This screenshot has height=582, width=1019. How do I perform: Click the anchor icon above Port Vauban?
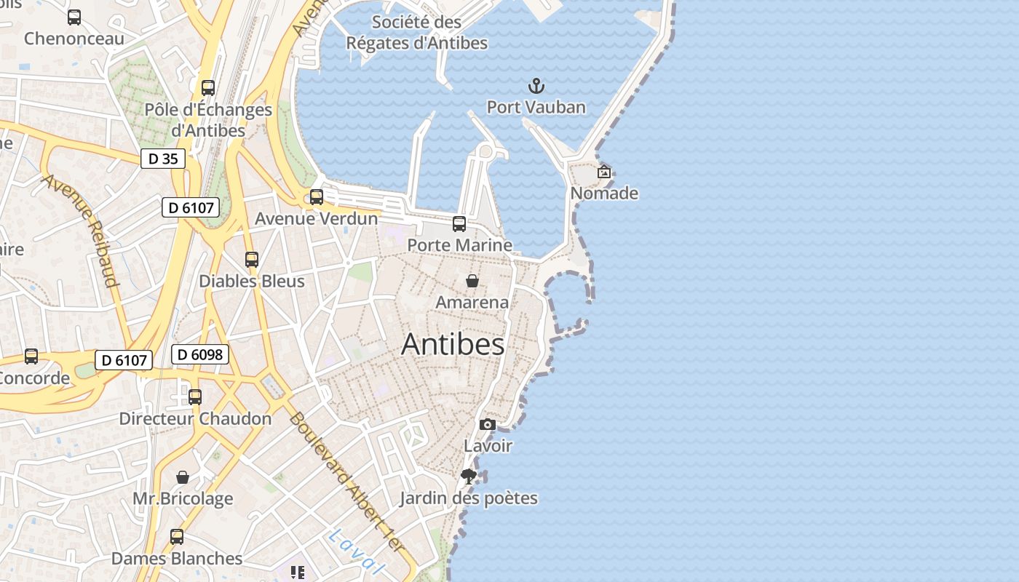(x=536, y=87)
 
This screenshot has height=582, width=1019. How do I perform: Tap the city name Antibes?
(x=453, y=344)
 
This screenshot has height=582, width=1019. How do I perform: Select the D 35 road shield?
(x=163, y=159)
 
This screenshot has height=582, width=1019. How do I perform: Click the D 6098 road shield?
(x=200, y=355)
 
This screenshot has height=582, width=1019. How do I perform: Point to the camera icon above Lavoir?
(x=488, y=425)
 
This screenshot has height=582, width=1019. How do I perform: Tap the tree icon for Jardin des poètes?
(x=469, y=477)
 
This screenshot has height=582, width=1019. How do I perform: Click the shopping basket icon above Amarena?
(x=472, y=281)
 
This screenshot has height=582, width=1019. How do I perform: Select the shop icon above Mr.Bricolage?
(x=183, y=478)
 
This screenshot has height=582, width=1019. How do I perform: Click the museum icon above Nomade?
(x=603, y=172)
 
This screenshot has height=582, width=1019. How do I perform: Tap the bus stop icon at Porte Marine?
(x=459, y=224)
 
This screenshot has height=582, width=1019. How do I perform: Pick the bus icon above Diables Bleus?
(x=252, y=260)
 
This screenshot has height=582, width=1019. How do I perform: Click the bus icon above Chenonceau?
(x=74, y=17)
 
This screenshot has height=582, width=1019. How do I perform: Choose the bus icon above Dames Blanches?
(x=177, y=538)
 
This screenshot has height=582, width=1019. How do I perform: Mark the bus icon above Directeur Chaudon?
(x=195, y=397)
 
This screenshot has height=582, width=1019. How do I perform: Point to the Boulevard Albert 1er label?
(x=345, y=481)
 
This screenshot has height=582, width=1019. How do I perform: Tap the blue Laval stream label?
(x=355, y=551)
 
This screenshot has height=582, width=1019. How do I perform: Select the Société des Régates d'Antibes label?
(x=416, y=33)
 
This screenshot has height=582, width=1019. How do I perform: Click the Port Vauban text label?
(x=536, y=108)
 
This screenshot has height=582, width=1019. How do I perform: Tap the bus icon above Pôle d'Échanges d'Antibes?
(x=208, y=88)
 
